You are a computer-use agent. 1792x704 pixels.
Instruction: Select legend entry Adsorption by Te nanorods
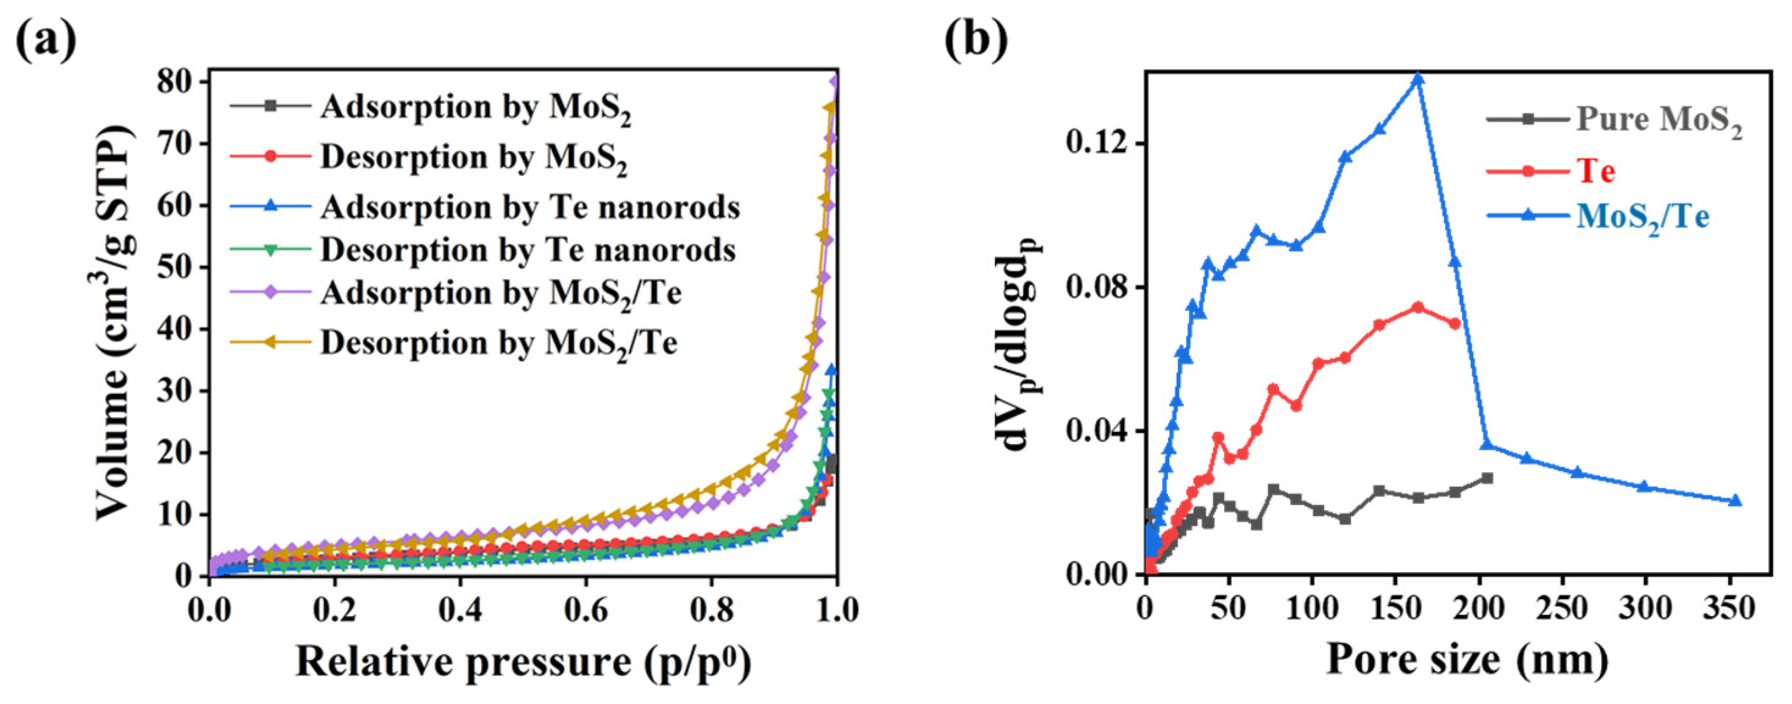coord(529,207)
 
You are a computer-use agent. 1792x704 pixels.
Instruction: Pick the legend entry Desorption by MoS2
coord(474,158)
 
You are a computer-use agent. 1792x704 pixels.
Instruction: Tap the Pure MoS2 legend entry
coord(1658,120)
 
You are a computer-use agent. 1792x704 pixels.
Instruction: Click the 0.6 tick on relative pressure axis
coord(585,610)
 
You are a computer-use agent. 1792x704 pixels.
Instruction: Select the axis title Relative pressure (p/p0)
coord(523,661)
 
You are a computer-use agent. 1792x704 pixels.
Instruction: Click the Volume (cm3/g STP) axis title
coord(114,323)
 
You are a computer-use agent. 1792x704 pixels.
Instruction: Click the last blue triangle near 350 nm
coord(1735,501)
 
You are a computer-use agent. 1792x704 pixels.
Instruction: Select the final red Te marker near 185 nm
coord(1455,323)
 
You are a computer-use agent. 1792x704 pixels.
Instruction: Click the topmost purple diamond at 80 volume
coord(835,81)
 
